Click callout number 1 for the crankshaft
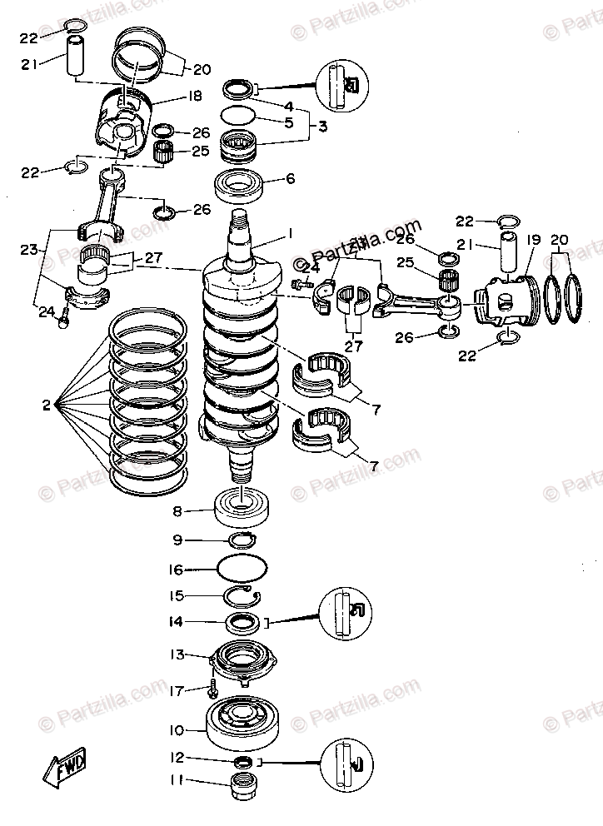pyautogui.click(x=291, y=232)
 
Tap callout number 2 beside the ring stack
pyautogui.click(x=47, y=406)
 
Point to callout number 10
pyautogui.click(x=176, y=730)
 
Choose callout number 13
pyautogui.click(x=177, y=654)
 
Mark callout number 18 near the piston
pyautogui.click(x=196, y=97)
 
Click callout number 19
pyautogui.click(x=534, y=240)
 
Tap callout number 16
pyautogui.click(x=177, y=570)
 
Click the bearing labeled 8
pyautogui.click(x=242, y=507)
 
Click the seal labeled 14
pyautogui.click(x=244, y=620)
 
